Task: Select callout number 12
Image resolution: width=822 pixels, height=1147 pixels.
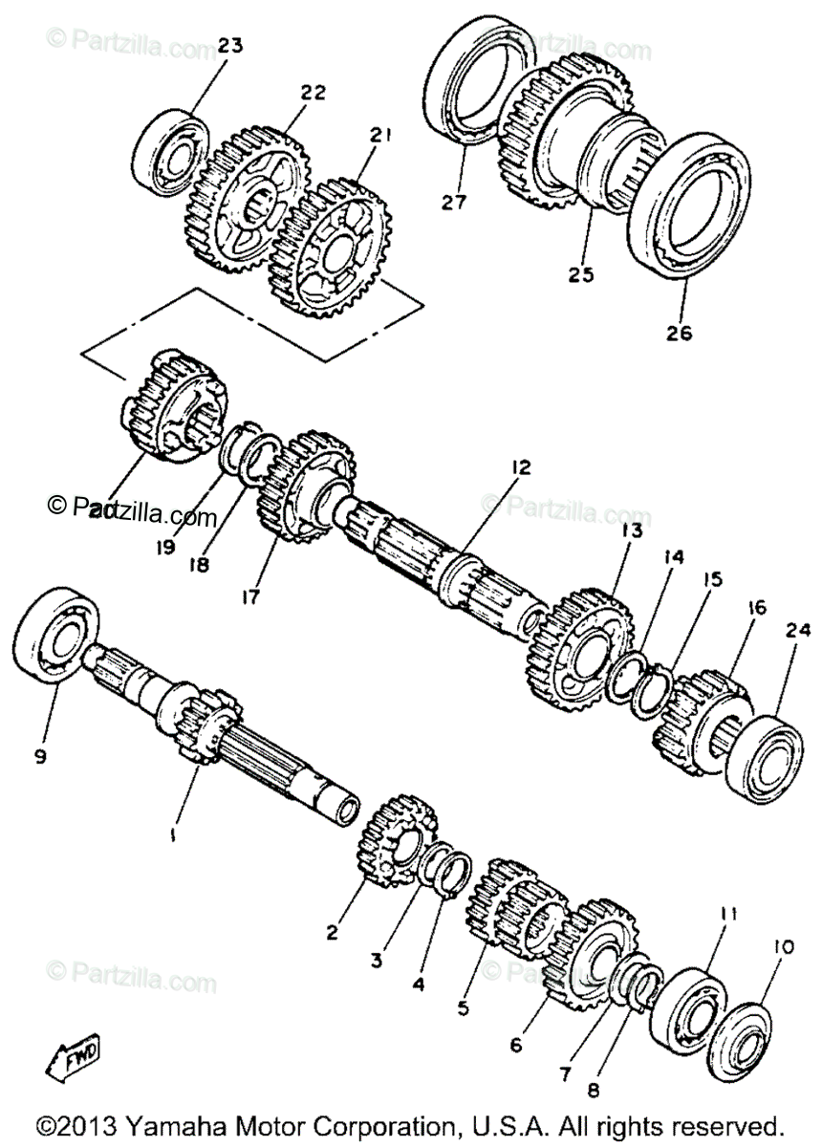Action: click(x=519, y=467)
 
